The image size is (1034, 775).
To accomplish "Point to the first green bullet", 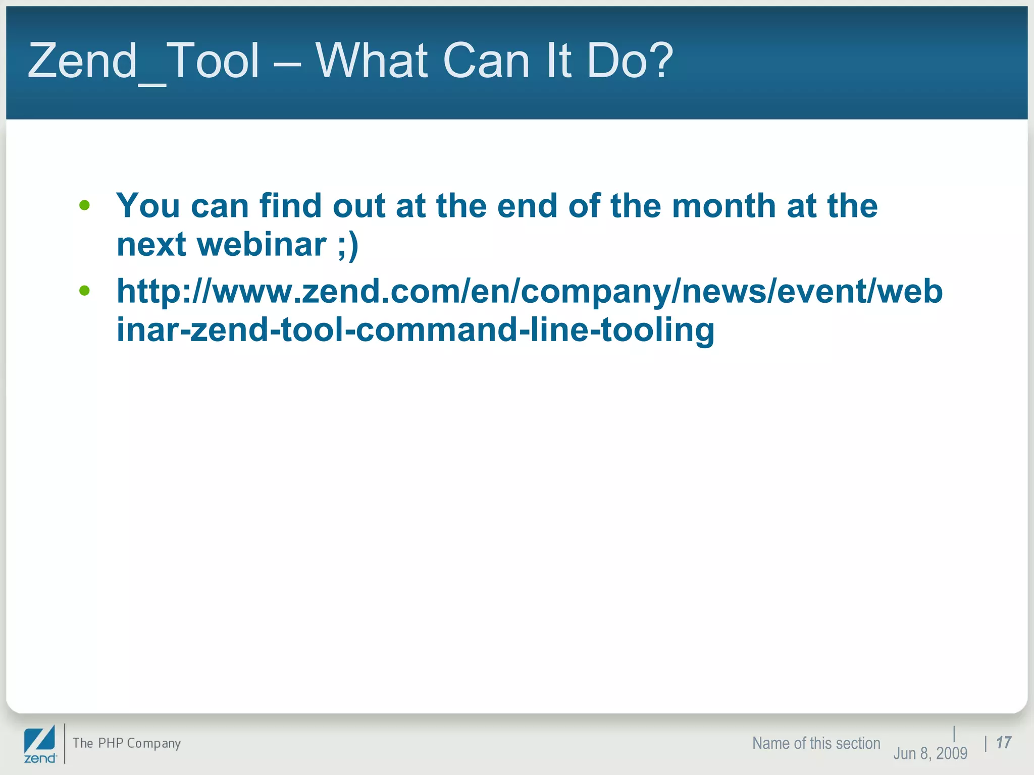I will click(x=84, y=205).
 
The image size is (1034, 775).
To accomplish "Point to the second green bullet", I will click(x=84, y=291).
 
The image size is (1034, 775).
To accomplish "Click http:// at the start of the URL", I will click(x=165, y=292).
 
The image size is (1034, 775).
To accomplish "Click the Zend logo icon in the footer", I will click(x=40, y=744).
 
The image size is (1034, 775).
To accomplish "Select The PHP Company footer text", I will click(x=127, y=743).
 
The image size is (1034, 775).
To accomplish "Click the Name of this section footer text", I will click(x=816, y=743).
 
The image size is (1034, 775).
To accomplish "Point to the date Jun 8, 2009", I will click(x=930, y=753).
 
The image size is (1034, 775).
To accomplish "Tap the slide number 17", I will click(x=1004, y=743).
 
